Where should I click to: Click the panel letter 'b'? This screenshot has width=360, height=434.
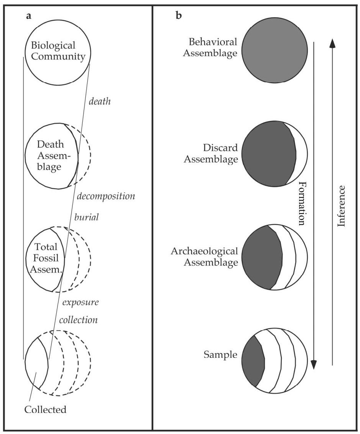(178, 16)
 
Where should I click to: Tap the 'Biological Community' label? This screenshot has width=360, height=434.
(58, 51)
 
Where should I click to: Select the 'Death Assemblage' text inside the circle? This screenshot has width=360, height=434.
(52, 156)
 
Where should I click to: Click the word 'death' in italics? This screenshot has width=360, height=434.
(99, 101)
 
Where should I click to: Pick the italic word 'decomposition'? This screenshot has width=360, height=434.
(106, 196)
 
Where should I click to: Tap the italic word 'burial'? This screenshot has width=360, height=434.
(87, 217)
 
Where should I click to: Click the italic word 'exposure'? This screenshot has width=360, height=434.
(80, 302)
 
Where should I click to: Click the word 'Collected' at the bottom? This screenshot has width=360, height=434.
(45, 409)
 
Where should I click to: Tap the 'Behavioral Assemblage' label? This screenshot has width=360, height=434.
(210, 47)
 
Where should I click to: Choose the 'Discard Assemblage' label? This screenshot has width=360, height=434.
(211, 153)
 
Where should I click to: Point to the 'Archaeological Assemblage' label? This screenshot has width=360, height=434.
(204, 257)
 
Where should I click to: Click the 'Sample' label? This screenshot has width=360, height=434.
(220, 355)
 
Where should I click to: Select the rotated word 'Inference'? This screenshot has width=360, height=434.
(341, 206)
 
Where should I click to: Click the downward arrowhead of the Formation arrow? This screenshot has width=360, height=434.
(314, 364)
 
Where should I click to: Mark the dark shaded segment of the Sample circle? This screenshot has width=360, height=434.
(253, 361)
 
